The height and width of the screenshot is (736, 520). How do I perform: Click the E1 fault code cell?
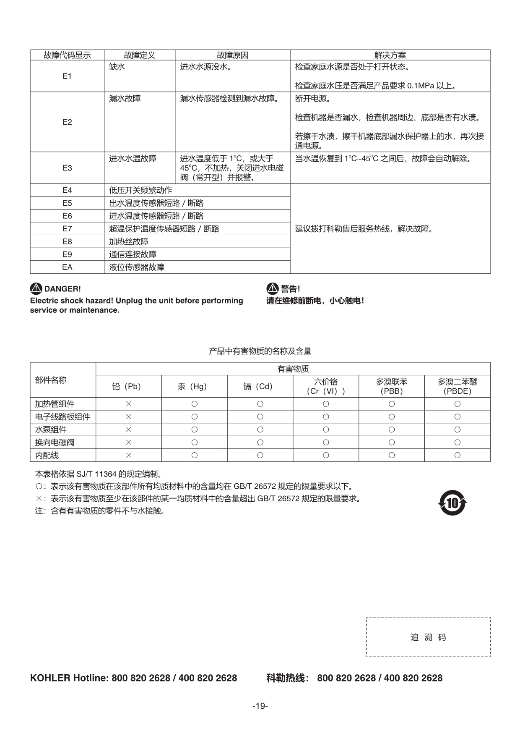pos(67,76)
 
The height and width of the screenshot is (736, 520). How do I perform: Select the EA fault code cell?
pos(67,267)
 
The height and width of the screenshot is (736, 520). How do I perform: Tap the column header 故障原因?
pos(232,55)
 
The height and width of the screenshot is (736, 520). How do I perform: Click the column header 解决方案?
pos(390,55)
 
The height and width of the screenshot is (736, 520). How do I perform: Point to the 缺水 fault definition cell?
pos(117,67)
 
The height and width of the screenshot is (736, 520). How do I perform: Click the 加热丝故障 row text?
pos(129,241)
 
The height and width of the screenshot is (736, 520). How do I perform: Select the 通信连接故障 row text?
pos(133,254)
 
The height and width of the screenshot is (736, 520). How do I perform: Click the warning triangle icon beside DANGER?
pos(36,288)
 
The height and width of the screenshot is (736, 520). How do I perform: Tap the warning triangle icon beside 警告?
pos(273,288)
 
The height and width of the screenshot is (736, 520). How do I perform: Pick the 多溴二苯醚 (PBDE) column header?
pos(457,386)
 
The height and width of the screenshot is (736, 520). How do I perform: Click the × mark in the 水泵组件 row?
pos(129,430)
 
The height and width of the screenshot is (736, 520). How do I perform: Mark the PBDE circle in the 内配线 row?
pos(457,455)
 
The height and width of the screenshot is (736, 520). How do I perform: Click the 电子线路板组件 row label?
pos(62,417)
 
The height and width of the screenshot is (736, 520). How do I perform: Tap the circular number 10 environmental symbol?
pos(452,503)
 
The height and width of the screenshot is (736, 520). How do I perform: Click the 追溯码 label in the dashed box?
pos(428,637)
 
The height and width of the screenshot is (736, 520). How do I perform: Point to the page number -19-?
pos(260,706)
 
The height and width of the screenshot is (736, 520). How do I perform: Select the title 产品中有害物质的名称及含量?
pos(260,351)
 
